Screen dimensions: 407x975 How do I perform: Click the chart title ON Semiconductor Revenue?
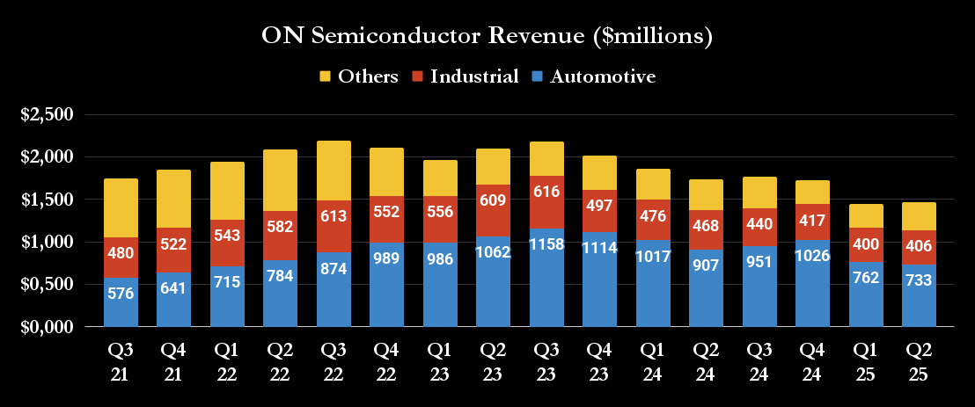click(487, 36)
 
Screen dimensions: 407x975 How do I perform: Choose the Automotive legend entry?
click(593, 76)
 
